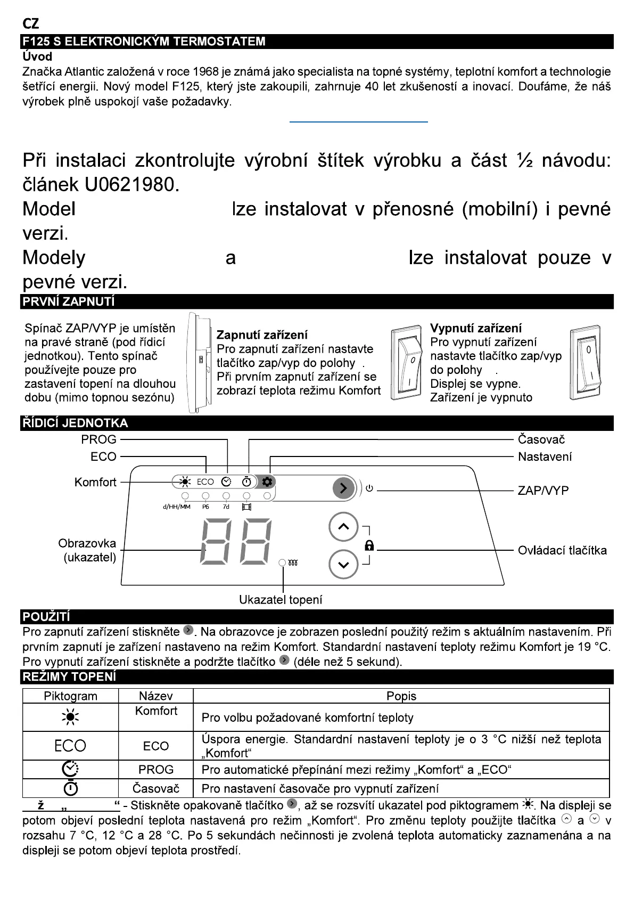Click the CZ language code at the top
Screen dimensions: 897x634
tap(31, 25)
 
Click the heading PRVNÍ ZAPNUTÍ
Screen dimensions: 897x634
tap(68, 301)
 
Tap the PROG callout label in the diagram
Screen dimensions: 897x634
tap(98, 439)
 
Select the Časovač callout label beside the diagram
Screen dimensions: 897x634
tap(541, 439)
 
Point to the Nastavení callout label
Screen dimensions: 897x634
tap(545, 456)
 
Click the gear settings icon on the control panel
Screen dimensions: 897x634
tap(267, 482)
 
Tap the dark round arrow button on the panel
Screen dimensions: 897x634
tap(343, 488)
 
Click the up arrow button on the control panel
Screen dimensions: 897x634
tap(343, 527)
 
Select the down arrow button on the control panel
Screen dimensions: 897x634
tap(343, 564)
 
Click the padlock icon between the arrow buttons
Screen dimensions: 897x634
tap(369, 545)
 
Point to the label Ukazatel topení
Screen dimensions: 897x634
tap(281, 600)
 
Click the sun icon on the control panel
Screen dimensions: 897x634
tap(185, 482)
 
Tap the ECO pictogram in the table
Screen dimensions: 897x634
tap(70, 746)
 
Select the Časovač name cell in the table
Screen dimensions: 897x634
tap(155, 788)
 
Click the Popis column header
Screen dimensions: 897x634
tap(401, 696)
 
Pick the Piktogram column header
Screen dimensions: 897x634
tap(70, 696)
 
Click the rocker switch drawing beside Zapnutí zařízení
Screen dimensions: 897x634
tap(407, 363)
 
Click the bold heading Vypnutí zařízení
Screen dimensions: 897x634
tap(475, 328)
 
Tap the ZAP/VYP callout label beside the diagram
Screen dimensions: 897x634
tap(543, 491)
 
